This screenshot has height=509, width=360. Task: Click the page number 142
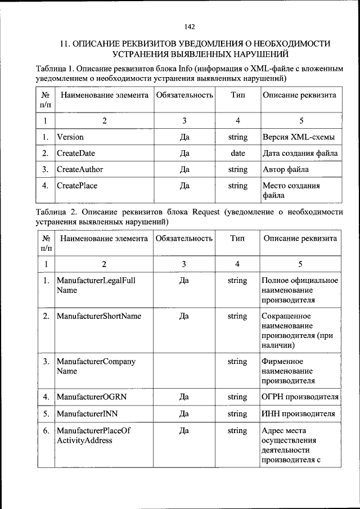coord(189,27)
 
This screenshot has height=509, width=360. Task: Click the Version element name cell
coord(70,137)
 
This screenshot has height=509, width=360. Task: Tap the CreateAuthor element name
coord(80,169)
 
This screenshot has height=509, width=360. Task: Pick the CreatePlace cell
coord(77,186)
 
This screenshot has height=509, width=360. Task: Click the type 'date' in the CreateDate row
coord(238,153)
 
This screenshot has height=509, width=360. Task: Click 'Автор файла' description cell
coord(285,169)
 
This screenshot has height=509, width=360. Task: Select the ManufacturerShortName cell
coord(99,316)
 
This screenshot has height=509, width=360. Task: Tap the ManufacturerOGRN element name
coord(92,397)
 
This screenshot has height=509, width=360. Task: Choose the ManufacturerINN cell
coord(87,414)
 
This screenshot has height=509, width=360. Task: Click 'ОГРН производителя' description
coord(300,397)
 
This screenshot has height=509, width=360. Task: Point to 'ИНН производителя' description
coord(298,414)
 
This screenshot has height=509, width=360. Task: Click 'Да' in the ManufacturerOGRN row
coord(184,397)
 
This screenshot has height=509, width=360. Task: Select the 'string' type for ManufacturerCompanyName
coord(237,362)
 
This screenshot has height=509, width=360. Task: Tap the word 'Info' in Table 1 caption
coord(185,68)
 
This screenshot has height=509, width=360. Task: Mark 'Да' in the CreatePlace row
coord(184,186)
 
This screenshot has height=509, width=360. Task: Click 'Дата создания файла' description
coord(300,153)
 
